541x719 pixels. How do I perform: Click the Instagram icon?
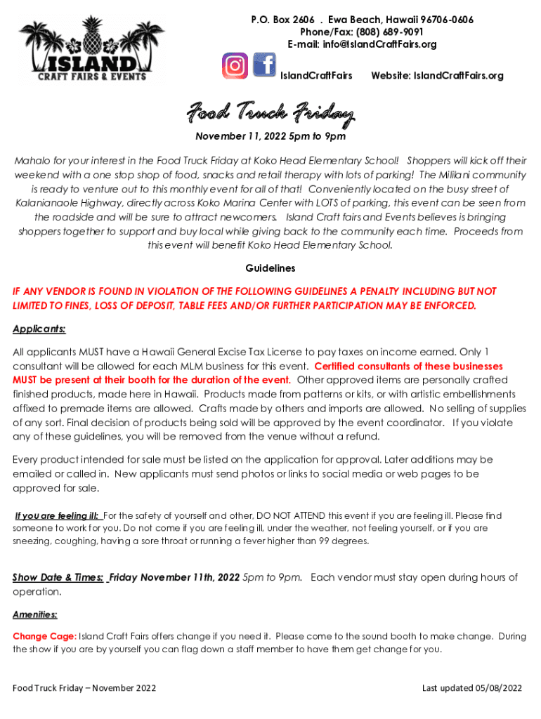[x=235, y=65]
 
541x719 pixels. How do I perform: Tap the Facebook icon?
[x=263, y=65]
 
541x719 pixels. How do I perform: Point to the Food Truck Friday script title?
[x=270, y=112]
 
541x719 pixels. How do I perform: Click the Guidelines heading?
[x=270, y=268]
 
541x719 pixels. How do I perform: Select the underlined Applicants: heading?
[x=39, y=329]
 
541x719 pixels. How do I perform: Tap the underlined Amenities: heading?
[x=35, y=614]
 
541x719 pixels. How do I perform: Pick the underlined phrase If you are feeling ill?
[x=58, y=515]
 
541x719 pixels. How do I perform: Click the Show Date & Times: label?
[x=58, y=578]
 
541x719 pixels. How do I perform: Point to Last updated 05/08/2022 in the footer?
[x=472, y=688]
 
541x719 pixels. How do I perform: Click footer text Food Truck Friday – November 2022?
[x=84, y=688]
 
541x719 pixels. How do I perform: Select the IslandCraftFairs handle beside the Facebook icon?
[x=316, y=75]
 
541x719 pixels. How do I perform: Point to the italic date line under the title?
[x=270, y=136]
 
